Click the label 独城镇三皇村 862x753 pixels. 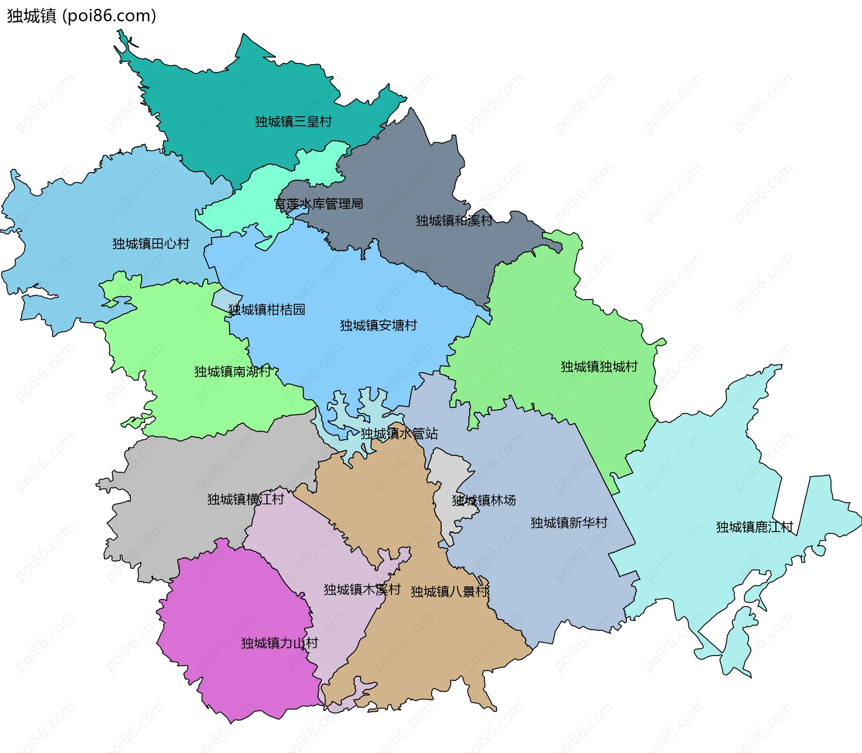tap(293, 122)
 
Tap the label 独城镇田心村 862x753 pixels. tap(151, 244)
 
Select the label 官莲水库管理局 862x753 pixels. tap(318, 204)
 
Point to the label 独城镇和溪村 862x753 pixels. tap(454, 220)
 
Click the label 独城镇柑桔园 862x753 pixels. tap(267, 309)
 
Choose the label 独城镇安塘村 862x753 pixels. tap(378, 325)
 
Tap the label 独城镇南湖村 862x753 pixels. tap(232, 371)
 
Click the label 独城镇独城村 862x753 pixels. tap(599, 366)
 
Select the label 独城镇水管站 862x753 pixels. tap(399, 433)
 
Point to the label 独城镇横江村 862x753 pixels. tap(245, 499)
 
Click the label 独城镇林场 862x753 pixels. tap(484, 500)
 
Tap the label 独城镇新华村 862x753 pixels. tap(568, 522)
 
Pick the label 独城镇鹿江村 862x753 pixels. tap(754, 527)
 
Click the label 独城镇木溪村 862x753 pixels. tap(362, 590)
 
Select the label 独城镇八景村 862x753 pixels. tap(449, 591)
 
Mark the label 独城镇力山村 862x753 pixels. tap(279, 643)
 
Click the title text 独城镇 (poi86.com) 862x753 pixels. tap(81, 16)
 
